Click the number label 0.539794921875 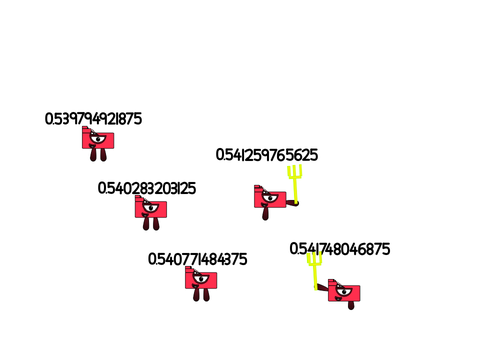[x=93, y=119]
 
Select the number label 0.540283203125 [x=147, y=188]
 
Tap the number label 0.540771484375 [x=197, y=259]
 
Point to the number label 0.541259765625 [x=267, y=155]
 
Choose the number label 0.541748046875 [x=340, y=249]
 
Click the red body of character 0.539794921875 [x=98, y=139]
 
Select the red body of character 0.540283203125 [x=151, y=208]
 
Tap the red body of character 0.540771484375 [x=201, y=279]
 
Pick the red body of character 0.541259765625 [x=270, y=198]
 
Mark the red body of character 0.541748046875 [x=344, y=292]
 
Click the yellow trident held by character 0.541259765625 [x=295, y=183]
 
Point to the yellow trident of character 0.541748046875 [x=315, y=271]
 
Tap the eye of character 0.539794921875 [x=98, y=138]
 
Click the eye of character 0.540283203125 [x=151, y=208]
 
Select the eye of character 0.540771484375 [x=201, y=278]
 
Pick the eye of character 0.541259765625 [x=270, y=198]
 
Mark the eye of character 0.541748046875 [x=344, y=292]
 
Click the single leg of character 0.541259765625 [x=265, y=213]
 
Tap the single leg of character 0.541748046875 [x=351, y=305]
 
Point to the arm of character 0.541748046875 [x=322, y=287]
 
